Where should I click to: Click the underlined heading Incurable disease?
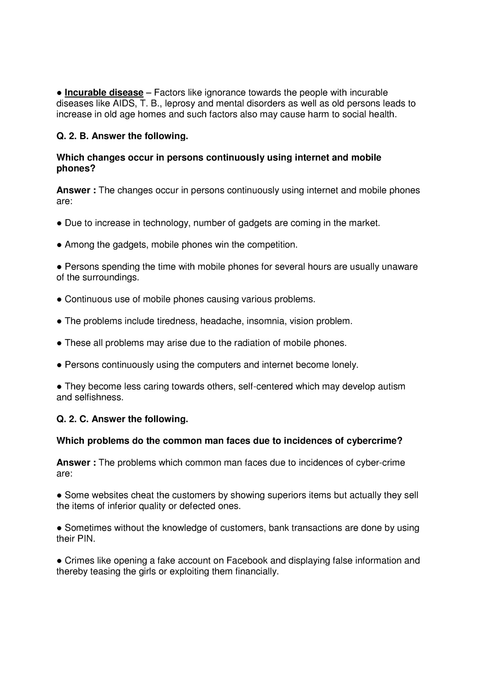point(104,92)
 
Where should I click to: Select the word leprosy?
point(178,103)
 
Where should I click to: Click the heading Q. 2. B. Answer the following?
point(122,136)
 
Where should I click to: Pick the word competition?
point(272,245)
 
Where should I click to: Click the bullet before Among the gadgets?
point(59,245)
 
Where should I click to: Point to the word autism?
point(391,387)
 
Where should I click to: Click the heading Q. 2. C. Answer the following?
point(122,419)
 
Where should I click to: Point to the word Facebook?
point(247,560)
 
